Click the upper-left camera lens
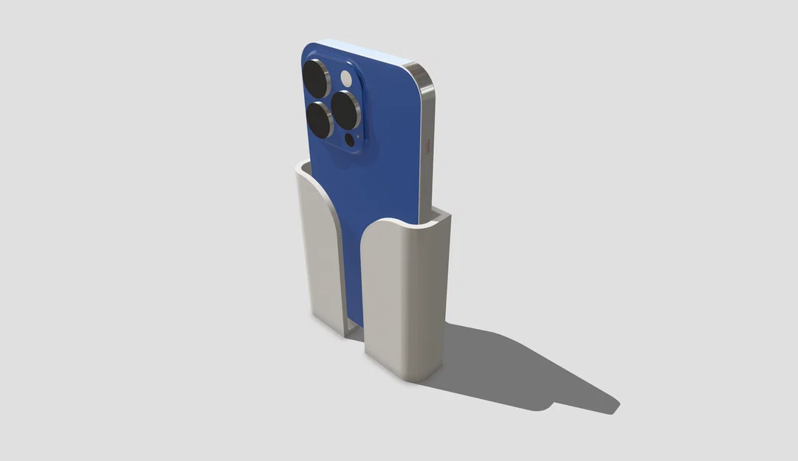pyautogui.click(x=316, y=77)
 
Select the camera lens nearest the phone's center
pyautogui.click(x=344, y=109)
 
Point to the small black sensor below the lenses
pyautogui.click(x=350, y=139)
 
